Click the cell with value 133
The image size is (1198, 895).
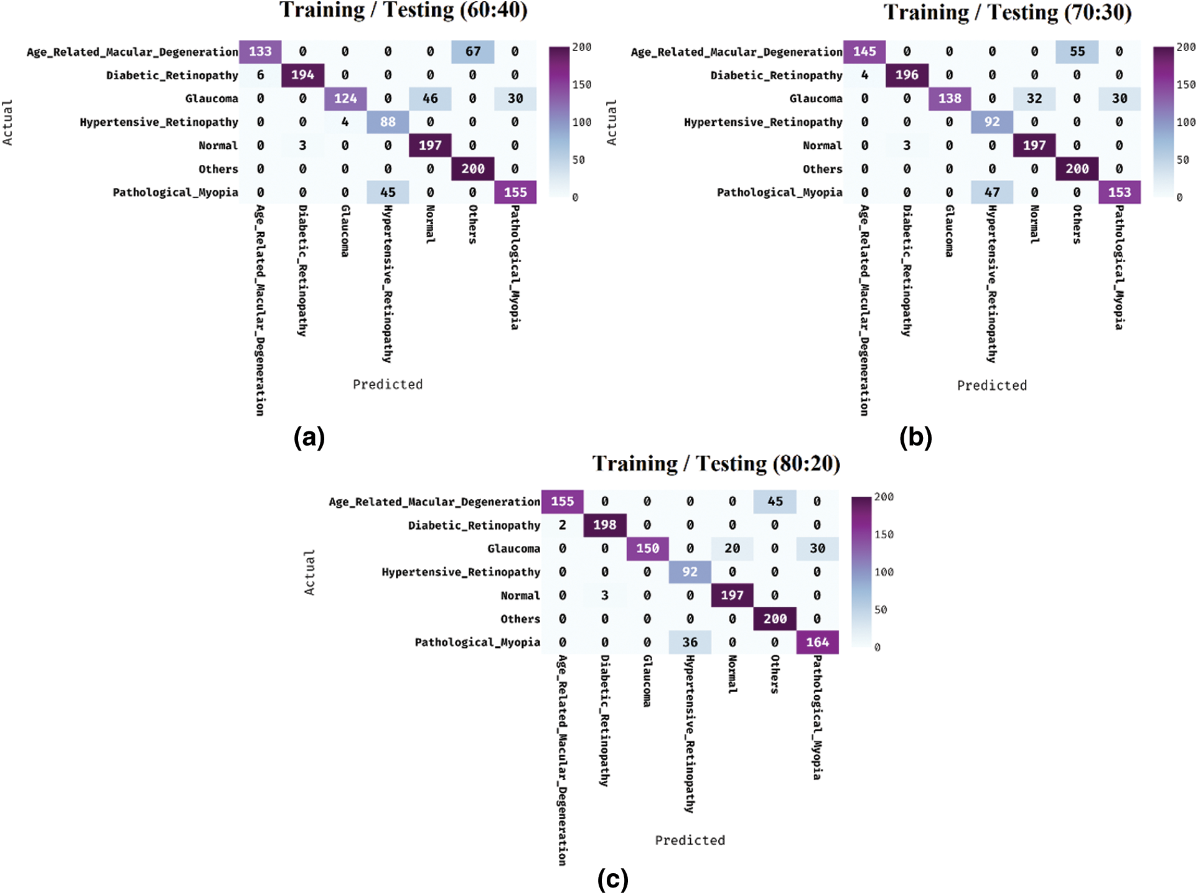point(260,52)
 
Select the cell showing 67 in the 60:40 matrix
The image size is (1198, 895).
point(473,52)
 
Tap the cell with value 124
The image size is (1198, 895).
point(345,98)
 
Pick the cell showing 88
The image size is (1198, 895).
point(388,122)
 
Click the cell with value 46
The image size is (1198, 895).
point(430,98)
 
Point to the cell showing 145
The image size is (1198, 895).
point(864,52)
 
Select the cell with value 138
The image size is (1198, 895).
point(950,98)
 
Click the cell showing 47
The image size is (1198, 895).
point(992,192)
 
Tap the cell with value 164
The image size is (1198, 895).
point(817,642)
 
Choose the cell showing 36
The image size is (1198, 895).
point(690,642)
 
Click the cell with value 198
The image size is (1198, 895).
point(604,525)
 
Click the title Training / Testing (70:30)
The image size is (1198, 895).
point(1007,12)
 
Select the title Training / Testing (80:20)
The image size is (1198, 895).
point(716,464)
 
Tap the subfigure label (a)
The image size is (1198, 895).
point(309,438)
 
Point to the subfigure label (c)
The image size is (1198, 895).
point(612,880)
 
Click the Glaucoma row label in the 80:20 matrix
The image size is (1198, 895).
point(513,549)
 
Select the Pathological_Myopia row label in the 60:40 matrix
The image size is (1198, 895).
point(175,192)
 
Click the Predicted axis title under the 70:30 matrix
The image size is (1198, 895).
point(992,386)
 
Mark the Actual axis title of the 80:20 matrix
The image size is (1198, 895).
point(309,572)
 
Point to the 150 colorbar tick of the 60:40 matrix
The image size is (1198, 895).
point(582,85)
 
